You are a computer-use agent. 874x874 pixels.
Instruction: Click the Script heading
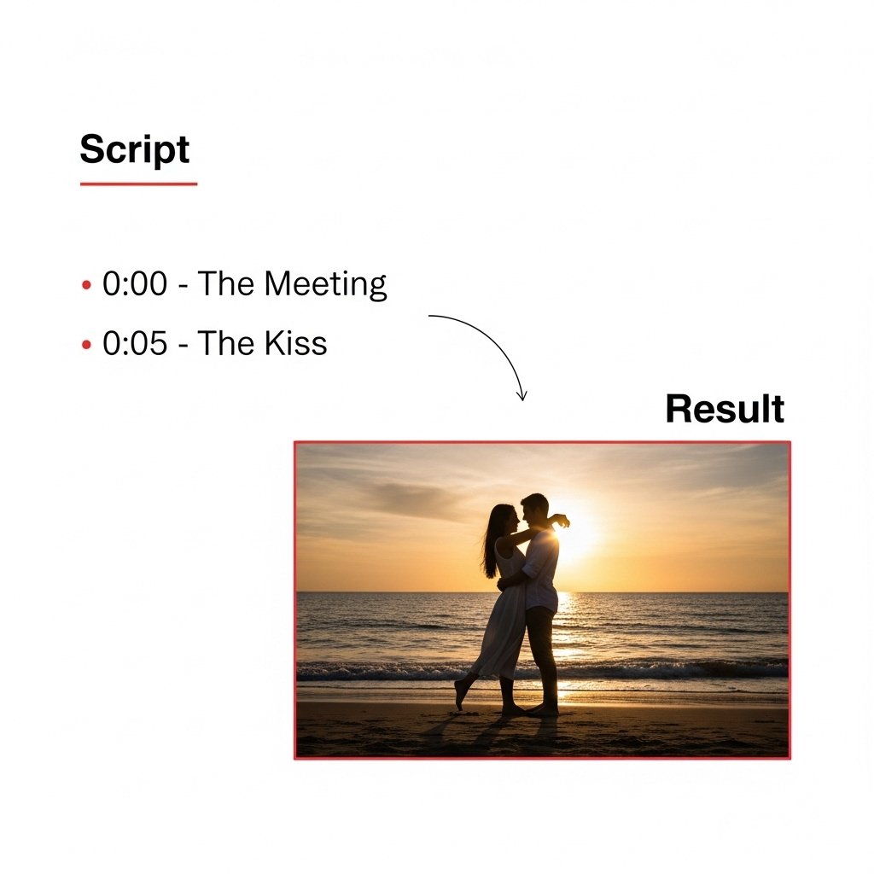point(135,149)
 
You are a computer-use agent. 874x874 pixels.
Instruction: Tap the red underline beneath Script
point(139,184)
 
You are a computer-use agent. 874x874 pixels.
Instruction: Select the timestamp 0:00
point(135,283)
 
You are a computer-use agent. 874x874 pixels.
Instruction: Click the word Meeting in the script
point(325,284)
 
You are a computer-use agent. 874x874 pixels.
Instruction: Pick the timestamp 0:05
point(135,343)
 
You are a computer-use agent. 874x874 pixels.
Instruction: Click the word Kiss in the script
point(295,342)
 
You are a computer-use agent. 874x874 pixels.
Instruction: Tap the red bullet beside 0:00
point(86,285)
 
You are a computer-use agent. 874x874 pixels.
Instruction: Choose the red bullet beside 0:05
point(86,345)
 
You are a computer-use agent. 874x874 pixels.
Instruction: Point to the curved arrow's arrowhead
point(521,396)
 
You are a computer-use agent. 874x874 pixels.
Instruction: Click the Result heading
point(725,409)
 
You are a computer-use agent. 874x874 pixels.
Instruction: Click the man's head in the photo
point(534,509)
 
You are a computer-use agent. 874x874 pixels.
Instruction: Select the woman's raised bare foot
point(459,695)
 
